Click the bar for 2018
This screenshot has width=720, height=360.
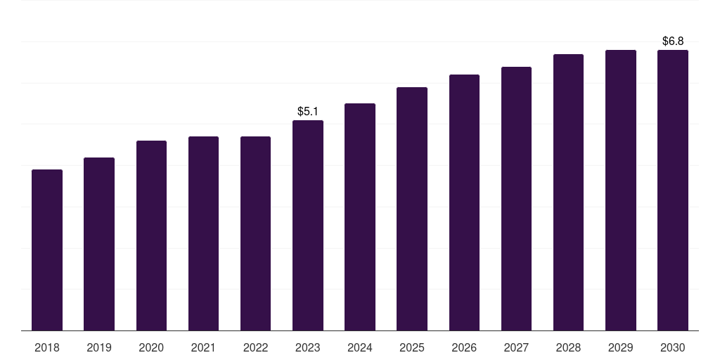pos(47,250)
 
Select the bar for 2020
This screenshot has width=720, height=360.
pos(151,236)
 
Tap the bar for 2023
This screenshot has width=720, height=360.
pos(308,225)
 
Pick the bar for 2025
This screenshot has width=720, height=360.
pos(412,209)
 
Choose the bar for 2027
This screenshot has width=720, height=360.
pos(516,198)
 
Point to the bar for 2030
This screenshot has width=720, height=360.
pos(673,190)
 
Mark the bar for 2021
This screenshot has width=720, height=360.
pos(203,233)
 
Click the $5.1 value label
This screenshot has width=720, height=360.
pos(308,111)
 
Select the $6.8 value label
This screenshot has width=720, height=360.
pos(673,41)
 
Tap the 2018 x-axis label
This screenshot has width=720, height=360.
pos(47,347)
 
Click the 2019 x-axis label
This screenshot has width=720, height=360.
pos(99,347)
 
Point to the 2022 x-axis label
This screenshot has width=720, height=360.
pos(256,347)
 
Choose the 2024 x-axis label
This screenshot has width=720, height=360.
pos(360,347)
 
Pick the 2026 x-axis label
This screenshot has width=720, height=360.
pos(464,347)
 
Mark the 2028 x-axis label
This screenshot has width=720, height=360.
pos(568,347)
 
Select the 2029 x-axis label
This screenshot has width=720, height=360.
pos(621,347)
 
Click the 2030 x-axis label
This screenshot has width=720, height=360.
pos(673,347)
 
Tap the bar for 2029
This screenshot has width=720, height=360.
pos(621,190)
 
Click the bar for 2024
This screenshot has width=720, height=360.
pos(360,217)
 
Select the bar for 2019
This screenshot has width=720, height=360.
pos(99,244)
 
